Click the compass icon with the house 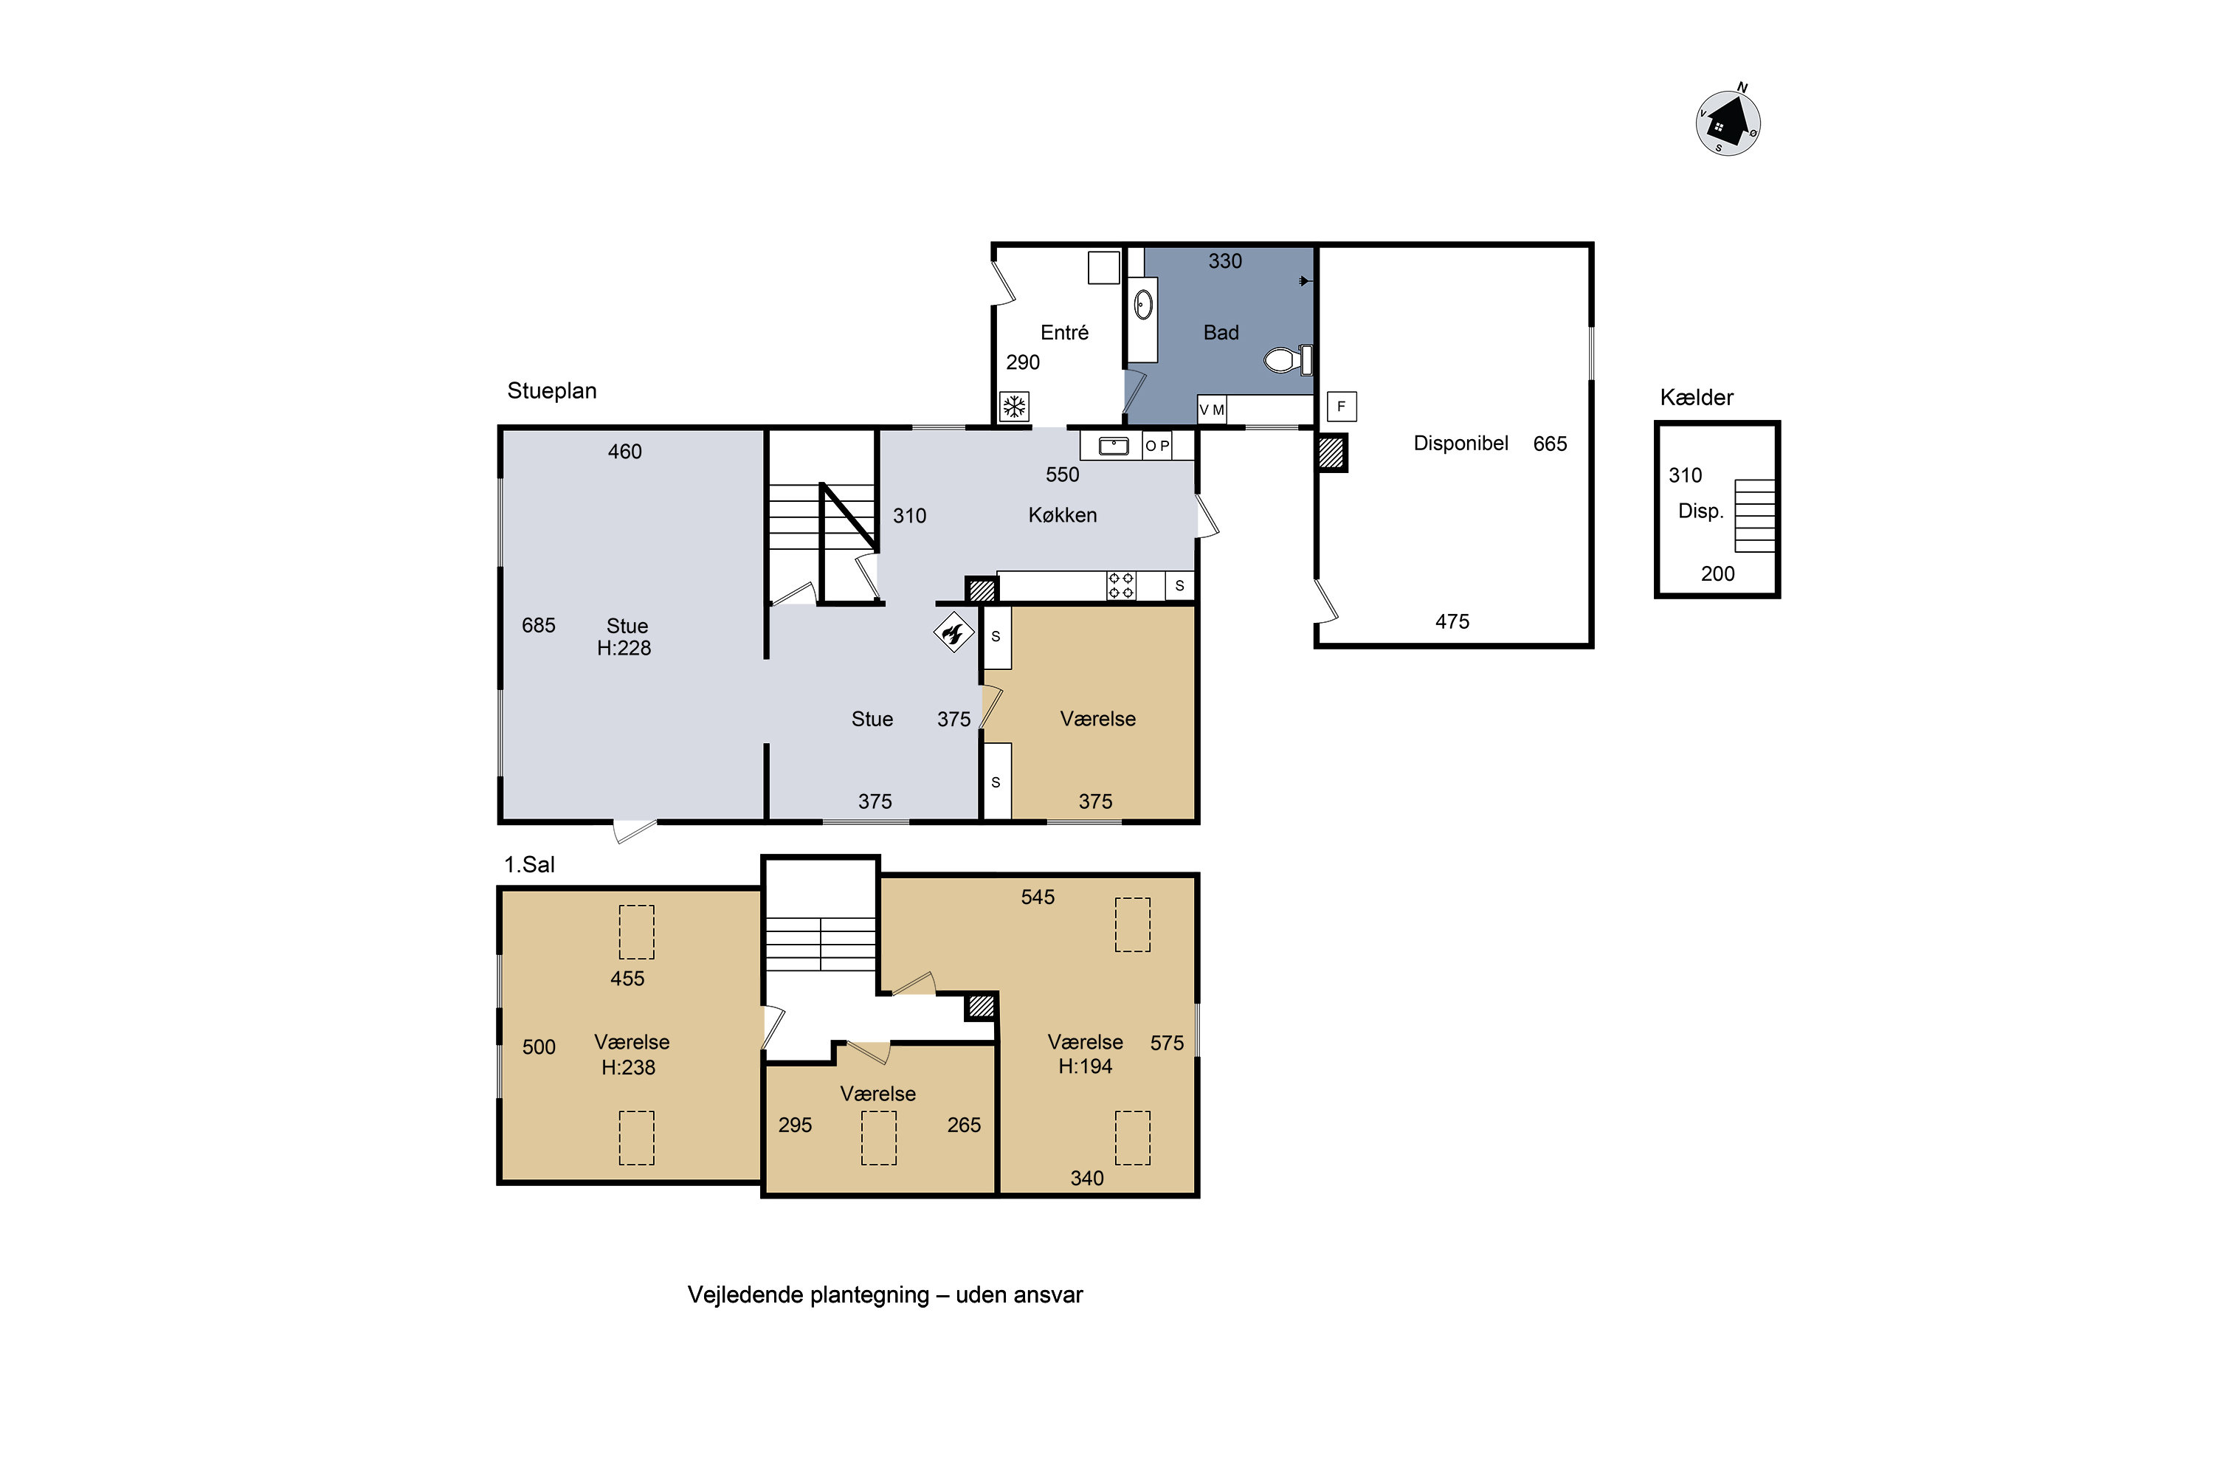pyautogui.click(x=1728, y=122)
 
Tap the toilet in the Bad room pyautogui.click(x=1288, y=359)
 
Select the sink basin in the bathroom pyautogui.click(x=1142, y=304)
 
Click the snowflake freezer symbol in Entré pyautogui.click(x=1014, y=407)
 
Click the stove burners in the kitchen pyautogui.click(x=1120, y=584)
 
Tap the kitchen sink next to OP pyautogui.click(x=1113, y=445)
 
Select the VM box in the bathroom pyautogui.click(x=1212, y=410)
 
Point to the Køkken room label pyautogui.click(x=1062, y=515)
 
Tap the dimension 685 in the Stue pyautogui.click(x=539, y=625)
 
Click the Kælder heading pyautogui.click(x=1696, y=397)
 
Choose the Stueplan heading pyautogui.click(x=551, y=390)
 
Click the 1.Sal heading pyautogui.click(x=529, y=864)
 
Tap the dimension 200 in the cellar pyautogui.click(x=1717, y=573)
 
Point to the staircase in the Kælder pyautogui.click(x=1755, y=515)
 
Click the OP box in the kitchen pyautogui.click(x=1157, y=445)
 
